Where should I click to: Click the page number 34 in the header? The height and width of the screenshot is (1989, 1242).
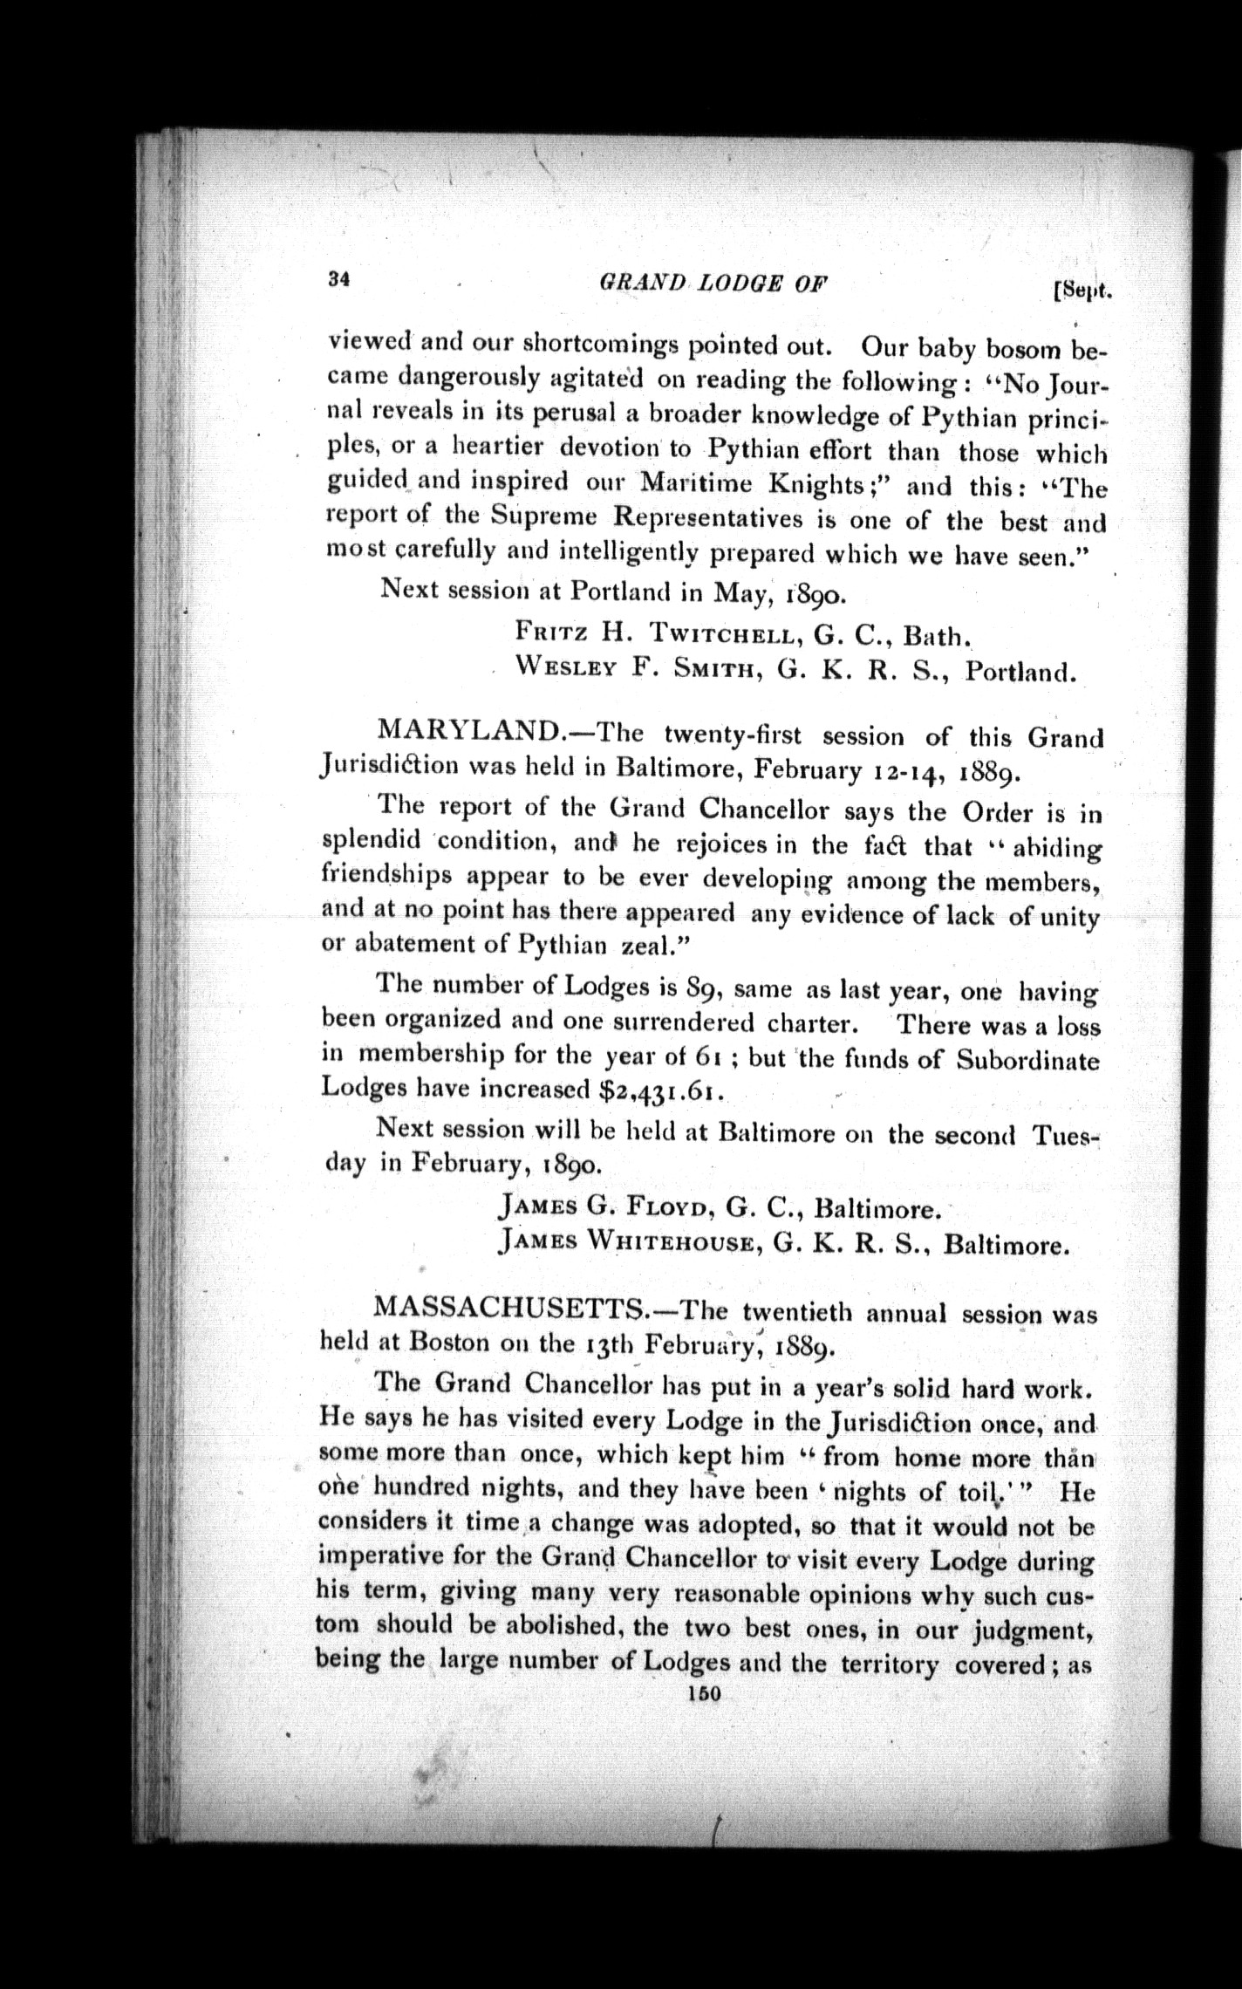coord(339,279)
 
